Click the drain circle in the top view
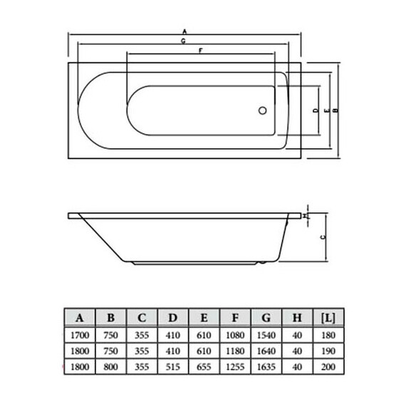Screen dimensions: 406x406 pyautogui.click(x=261, y=111)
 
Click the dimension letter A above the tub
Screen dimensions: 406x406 pyautogui.click(x=184, y=31)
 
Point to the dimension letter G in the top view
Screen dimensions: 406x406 pyautogui.click(x=184, y=43)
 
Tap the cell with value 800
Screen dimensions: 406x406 pyautogui.click(x=111, y=367)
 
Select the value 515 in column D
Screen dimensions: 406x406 pyautogui.click(x=173, y=367)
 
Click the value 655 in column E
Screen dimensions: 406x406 pyautogui.click(x=204, y=367)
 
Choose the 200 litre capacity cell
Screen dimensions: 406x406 pyautogui.click(x=328, y=367)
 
